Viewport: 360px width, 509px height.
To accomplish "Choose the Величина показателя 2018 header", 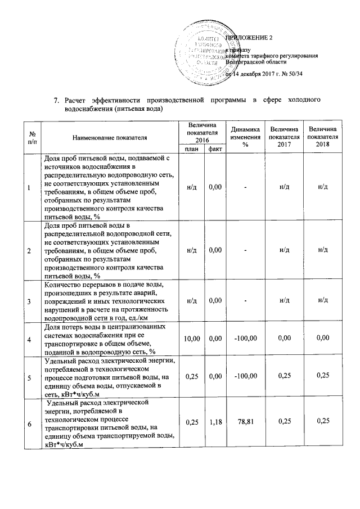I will [322, 137].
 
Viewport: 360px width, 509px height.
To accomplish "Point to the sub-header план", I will [191, 148].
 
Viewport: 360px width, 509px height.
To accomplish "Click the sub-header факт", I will [214, 148].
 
